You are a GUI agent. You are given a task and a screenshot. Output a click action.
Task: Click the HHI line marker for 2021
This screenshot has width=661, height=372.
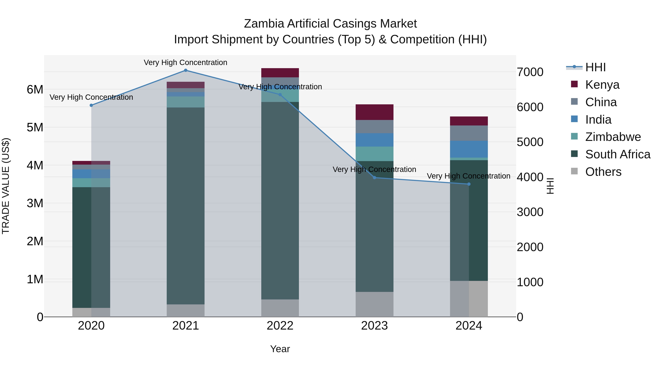coord(185,70)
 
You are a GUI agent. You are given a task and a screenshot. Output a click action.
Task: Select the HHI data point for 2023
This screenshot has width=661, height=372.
coord(374,178)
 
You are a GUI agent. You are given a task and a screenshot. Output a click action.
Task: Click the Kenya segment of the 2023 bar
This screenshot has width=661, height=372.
coord(374,112)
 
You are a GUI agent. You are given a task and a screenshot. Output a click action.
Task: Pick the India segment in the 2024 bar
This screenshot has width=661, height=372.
coord(469,149)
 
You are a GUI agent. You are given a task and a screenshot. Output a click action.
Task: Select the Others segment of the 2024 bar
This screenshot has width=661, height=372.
coord(469,299)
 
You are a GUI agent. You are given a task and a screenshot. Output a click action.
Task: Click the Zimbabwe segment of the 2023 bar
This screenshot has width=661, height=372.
coord(374,154)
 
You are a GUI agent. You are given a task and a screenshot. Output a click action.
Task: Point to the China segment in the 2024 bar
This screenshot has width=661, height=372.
coord(469,133)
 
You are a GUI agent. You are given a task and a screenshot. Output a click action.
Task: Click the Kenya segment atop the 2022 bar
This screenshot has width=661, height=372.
coord(280,73)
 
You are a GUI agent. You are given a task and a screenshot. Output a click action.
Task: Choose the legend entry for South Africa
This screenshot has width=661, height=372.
coord(618,154)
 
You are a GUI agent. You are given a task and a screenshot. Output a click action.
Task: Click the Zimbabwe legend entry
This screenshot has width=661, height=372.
coord(613,137)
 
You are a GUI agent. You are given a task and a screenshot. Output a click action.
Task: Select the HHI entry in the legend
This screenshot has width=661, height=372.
coord(595,67)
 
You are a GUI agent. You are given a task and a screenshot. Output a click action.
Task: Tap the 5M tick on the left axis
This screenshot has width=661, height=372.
coord(35,127)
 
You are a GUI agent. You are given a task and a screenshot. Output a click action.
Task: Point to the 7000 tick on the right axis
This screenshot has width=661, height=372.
coord(530,72)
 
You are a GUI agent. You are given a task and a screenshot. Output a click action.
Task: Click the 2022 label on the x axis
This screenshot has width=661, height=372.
coord(280,326)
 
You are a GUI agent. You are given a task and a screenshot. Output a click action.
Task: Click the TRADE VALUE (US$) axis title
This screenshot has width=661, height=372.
coord(6,186)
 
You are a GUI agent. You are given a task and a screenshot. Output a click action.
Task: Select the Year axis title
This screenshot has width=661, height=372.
coord(280,349)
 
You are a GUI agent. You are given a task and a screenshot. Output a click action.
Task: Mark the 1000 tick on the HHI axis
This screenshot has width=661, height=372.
coord(530,282)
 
